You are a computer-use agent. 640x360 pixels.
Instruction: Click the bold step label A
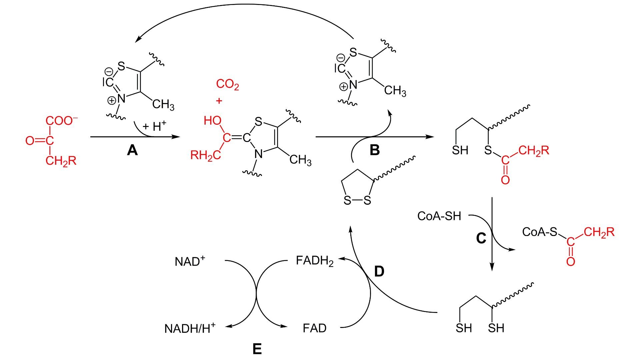click(x=132, y=151)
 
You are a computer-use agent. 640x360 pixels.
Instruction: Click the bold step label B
click(x=375, y=150)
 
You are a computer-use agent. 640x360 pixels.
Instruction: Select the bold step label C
click(x=481, y=238)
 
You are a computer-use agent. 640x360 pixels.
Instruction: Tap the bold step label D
click(x=379, y=272)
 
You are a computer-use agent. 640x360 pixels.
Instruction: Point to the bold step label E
click(x=257, y=349)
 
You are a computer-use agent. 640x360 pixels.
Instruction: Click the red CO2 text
click(x=227, y=84)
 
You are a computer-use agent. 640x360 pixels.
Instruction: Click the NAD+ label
click(x=190, y=261)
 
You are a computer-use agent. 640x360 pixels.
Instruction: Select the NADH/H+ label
click(x=190, y=328)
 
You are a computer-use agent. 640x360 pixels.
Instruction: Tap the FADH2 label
click(x=314, y=261)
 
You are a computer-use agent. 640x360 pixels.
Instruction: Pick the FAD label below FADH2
click(x=314, y=328)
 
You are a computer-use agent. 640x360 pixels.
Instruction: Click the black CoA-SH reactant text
click(x=439, y=216)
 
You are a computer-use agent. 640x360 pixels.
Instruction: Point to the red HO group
click(x=212, y=121)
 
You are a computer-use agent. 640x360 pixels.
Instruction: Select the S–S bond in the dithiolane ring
click(x=357, y=201)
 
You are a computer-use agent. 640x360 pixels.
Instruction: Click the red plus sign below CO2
click(x=219, y=101)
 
